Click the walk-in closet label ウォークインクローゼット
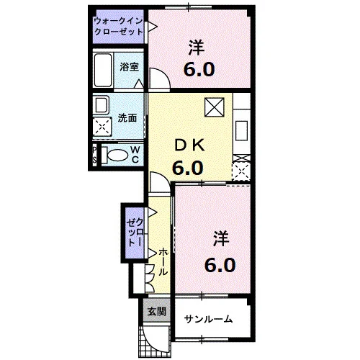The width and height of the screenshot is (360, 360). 119,27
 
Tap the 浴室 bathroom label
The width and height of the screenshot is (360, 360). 130,67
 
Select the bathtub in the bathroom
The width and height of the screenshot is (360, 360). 103,70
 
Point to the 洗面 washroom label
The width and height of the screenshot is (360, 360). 127,118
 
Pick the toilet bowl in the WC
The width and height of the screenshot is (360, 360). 117,156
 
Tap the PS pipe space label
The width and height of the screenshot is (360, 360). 94,155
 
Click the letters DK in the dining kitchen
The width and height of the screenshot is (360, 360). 189,145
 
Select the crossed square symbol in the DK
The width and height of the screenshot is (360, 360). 215,107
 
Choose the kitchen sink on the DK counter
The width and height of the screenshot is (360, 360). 241,131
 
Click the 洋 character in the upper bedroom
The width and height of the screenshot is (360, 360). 197,48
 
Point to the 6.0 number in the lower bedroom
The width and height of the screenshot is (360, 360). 220,265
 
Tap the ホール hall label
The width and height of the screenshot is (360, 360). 163,262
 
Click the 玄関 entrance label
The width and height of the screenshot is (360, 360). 157,312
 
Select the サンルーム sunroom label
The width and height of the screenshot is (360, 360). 208,319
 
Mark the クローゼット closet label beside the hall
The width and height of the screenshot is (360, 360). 135,233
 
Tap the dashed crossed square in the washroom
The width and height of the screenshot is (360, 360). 102,127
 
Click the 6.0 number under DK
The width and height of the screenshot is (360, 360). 188,168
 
